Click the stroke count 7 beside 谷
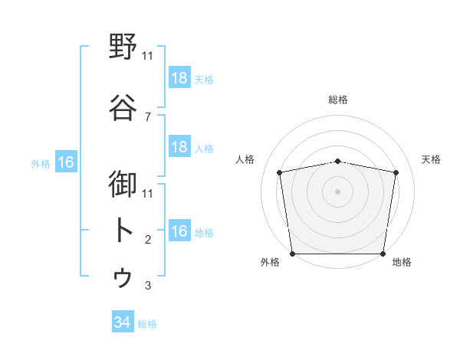147,116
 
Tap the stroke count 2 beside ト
147,240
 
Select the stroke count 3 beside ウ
147,286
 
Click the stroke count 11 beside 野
148,56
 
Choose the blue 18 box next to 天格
179,77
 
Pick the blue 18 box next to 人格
179,147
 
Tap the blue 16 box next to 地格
179,231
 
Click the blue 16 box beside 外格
65,162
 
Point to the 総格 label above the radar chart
338,100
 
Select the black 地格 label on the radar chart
402,262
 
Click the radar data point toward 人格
280,172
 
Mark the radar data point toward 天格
396,172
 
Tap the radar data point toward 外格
293,253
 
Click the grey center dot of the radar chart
338,191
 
